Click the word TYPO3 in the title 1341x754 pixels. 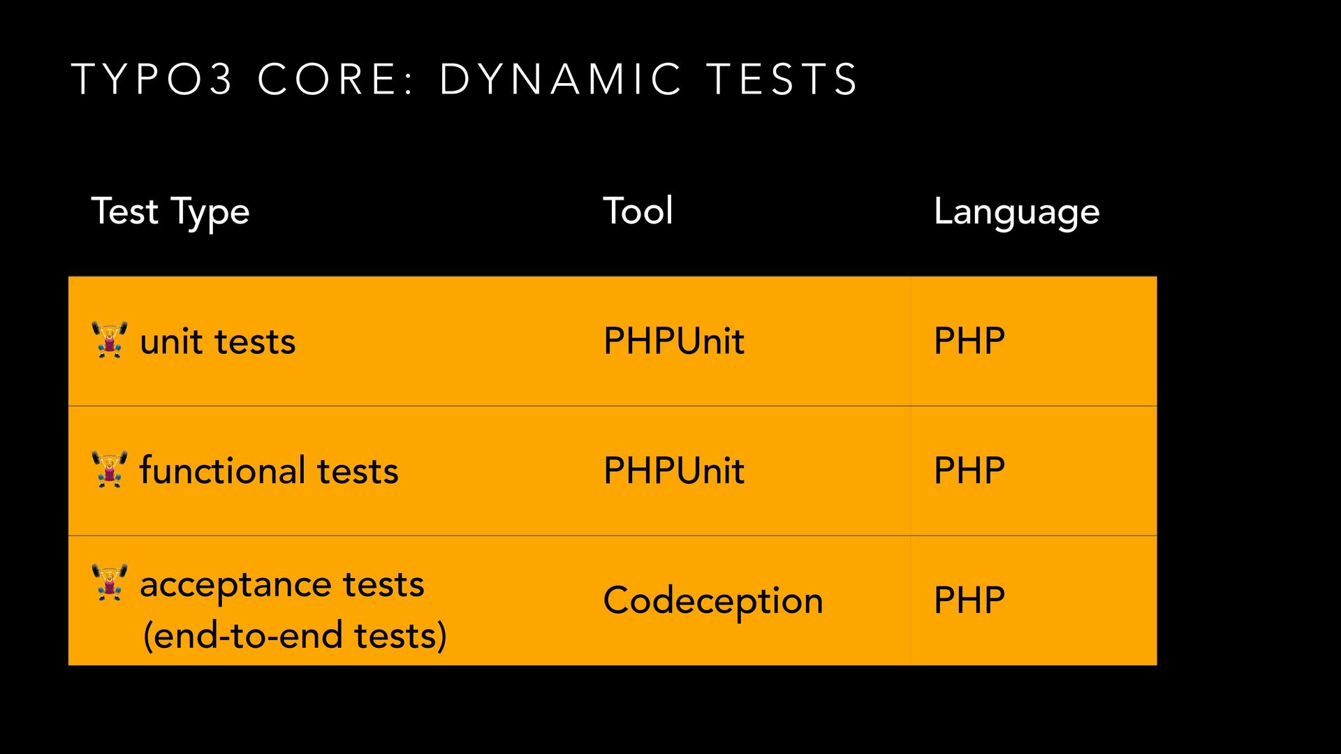(x=152, y=79)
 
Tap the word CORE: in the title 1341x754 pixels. (x=337, y=79)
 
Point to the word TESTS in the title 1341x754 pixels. (x=782, y=79)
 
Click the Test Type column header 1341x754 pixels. (x=170, y=212)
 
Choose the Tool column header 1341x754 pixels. (x=638, y=211)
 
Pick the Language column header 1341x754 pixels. (x=1017, y=212)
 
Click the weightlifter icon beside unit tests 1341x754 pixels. (x=110, y=340)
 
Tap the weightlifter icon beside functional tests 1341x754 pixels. (x=110, y=469)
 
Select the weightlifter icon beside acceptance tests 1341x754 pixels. (x=110, y=582)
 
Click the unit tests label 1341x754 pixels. (x=218, y=341)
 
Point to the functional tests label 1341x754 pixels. (x=269, y=470)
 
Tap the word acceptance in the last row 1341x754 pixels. (x=235, y=585)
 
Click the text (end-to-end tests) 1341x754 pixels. (x=295, y=635)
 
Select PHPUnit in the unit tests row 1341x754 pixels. (x=674, y=341)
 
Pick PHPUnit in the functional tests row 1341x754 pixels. (x=674, y=471)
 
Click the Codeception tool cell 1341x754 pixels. (x=713, y=601)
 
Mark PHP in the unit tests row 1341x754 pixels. (x=969, y=341)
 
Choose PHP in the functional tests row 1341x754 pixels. (x=969, y=471)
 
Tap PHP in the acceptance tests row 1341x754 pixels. (x=969, y=600)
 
